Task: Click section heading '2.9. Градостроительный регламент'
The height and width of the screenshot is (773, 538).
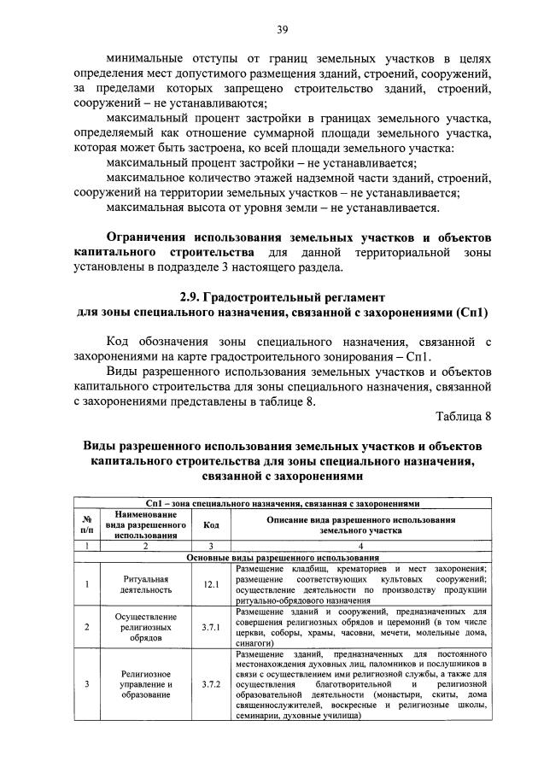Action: [x=283, y=297]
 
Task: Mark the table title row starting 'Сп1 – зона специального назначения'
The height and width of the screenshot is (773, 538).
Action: [x=283, y=504]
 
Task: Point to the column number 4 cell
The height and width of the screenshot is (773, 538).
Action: [x=360, y=545]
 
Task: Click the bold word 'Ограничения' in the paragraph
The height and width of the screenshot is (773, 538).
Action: [x=146, y=237]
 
